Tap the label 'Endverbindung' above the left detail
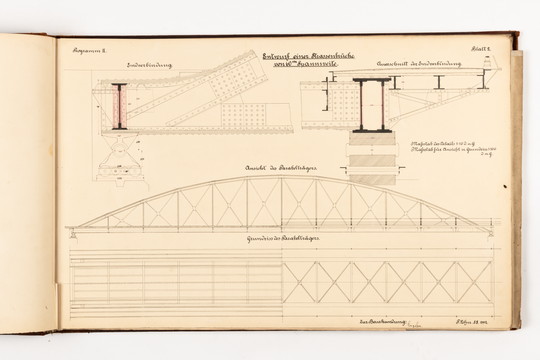[x=149, y=65]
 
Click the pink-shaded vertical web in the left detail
[x=120, y=106]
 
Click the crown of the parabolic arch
[x=281, y=179]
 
